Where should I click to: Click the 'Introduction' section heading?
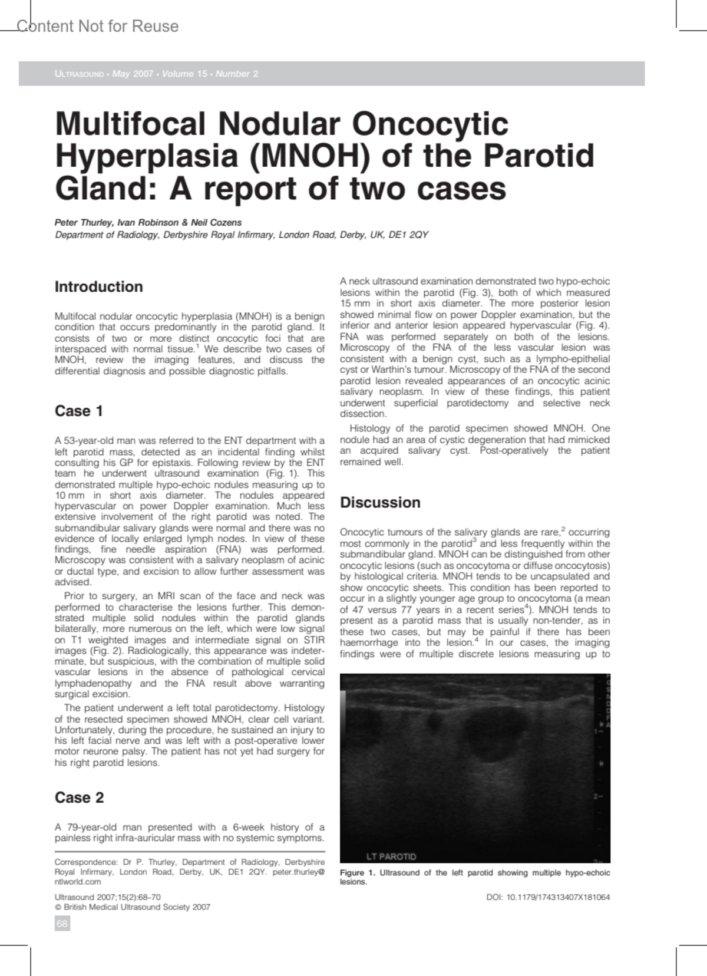tap(98, 287)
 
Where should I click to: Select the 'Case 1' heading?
tap(79, 411)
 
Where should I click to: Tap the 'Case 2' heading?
tap(79, 797)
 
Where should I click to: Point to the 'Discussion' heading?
tap(380, 503)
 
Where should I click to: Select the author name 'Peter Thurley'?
tap(83, 223)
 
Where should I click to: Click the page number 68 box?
tap(62, 924)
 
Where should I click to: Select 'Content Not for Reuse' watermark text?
tap(98, 27)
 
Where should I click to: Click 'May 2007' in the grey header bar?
tap(133, 74)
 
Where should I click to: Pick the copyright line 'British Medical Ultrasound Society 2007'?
tap(136, 907)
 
